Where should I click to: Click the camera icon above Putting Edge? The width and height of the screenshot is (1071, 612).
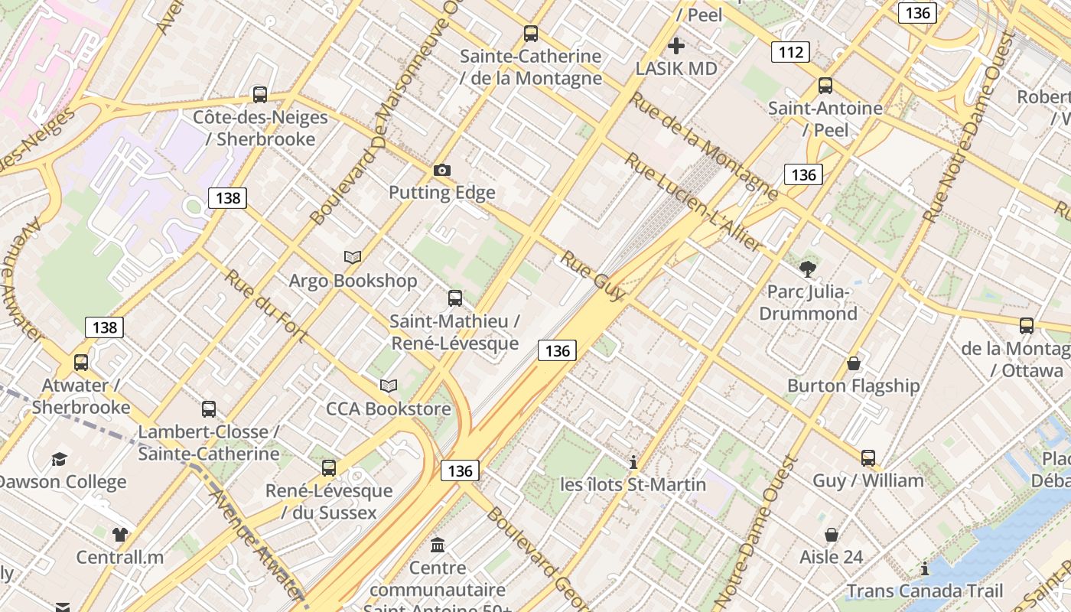441,170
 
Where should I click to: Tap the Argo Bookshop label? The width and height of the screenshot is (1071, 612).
353,281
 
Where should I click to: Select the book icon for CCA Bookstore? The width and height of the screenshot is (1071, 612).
389,386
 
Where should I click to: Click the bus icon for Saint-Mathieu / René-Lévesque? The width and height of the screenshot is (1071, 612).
455,298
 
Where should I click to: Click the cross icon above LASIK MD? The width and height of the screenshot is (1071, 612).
676,46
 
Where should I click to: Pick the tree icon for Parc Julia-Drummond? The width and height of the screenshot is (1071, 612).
807,269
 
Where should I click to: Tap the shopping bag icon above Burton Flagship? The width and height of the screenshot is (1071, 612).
854,363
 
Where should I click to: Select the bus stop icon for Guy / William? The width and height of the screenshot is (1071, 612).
868,457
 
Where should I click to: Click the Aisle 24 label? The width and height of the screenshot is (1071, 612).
832,557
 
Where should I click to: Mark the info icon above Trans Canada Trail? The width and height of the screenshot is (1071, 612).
925,568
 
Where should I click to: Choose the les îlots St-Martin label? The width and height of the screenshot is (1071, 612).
633,485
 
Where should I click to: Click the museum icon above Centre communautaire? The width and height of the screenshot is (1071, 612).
438,545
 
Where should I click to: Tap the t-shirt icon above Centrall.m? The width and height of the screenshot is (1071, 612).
120,534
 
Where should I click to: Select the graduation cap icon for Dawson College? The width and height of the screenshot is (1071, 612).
59,459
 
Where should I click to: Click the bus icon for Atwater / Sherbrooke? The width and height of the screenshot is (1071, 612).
81,362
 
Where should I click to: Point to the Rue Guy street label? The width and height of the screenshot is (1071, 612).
593,275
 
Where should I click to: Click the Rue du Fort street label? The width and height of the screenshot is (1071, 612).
265,305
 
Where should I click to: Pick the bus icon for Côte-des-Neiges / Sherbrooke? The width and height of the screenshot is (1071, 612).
260,95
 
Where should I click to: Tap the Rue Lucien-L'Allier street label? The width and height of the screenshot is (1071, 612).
692,202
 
